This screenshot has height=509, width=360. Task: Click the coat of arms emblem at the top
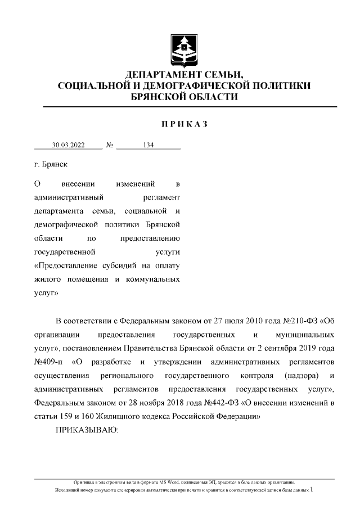click(183, 49)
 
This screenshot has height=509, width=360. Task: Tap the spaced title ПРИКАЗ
click(184, 124)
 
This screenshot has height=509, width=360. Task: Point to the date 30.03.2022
click(68, 145)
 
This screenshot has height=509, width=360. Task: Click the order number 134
click(148, 145)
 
